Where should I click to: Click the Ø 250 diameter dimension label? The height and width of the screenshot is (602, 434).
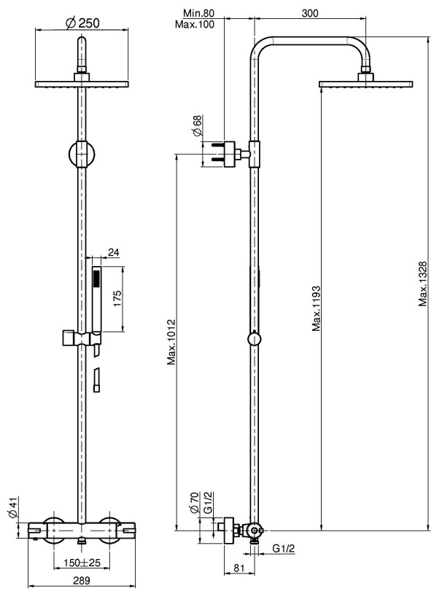coord(82,23)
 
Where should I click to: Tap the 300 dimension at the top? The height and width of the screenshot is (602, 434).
coord(310,13)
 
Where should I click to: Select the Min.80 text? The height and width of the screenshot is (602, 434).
coord(198,13)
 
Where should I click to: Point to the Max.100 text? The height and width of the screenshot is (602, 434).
coord(195,24)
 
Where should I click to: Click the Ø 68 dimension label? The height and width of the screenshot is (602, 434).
coord(197,125)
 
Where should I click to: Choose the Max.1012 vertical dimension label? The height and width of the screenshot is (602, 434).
coord(171,342)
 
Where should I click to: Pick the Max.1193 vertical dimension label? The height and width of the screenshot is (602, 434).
coord(317,308)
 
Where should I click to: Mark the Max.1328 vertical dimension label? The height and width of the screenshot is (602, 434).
coord(423,284)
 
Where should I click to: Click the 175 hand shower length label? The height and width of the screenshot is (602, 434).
coord(117,298)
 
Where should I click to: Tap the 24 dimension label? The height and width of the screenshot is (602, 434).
coord(113,252)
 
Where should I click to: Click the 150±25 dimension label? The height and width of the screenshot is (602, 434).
coord(82,563)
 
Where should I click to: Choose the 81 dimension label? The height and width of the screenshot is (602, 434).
coord(239,568)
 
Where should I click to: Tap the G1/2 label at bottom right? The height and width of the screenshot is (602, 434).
coord(284,549)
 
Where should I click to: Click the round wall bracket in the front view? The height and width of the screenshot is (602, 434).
coord(81,154)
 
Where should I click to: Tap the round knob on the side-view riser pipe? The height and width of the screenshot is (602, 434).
coord(254,340)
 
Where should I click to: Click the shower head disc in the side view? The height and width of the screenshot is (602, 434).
coord(365,84)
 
